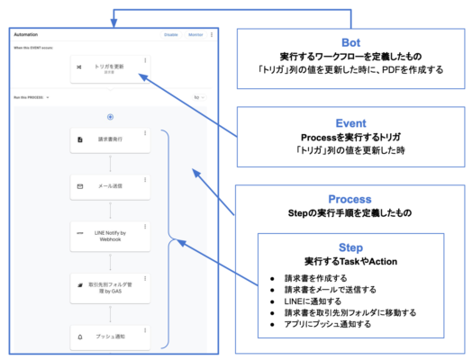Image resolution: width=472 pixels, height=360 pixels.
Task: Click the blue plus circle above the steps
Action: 110,116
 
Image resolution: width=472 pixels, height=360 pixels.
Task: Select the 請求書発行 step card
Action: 110,141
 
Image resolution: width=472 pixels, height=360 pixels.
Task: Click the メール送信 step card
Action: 110,186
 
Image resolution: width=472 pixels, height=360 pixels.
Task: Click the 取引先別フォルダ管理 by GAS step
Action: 110,288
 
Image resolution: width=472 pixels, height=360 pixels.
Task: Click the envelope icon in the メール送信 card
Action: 79,186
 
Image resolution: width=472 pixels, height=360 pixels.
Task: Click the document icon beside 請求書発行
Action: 79,141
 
